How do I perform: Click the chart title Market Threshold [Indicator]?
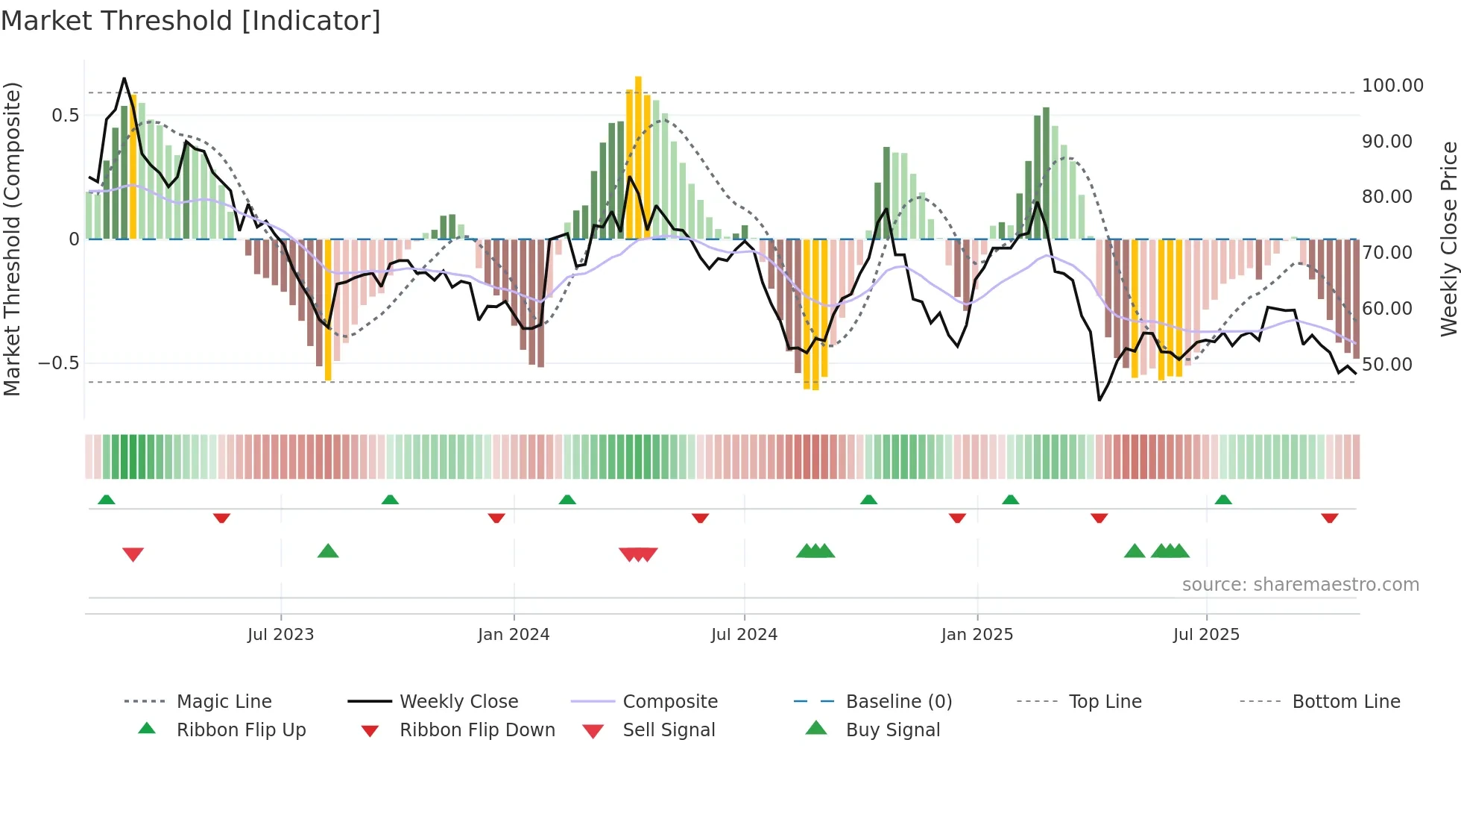tap(191, 21)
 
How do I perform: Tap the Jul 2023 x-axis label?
tap(280, 635)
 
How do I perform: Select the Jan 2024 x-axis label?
tap(514, 635)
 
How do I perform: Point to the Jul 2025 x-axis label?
tap(1206, 635)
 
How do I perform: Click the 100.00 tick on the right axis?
tap(1392, 86)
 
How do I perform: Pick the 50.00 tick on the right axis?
tap(1387, 365)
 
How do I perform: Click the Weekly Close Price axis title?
tap(1448, 239)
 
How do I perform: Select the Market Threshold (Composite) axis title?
tap(12, 239)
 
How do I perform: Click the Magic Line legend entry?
tap(224, 702)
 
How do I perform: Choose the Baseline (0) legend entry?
tap(899, 702)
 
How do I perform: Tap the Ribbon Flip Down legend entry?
tap(477, 730)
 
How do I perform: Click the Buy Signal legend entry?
tap(892, 730)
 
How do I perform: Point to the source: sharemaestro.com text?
tap(1300, 585)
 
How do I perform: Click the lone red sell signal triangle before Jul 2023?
tap(133, 554)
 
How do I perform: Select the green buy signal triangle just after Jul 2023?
tap(328, 551)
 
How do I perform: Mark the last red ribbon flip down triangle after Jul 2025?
tap(1330, 518)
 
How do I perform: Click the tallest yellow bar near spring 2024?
tap(638, 157)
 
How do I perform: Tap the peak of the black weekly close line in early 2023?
tap(124, 78)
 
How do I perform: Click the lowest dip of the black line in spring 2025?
tap(1099, 400)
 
